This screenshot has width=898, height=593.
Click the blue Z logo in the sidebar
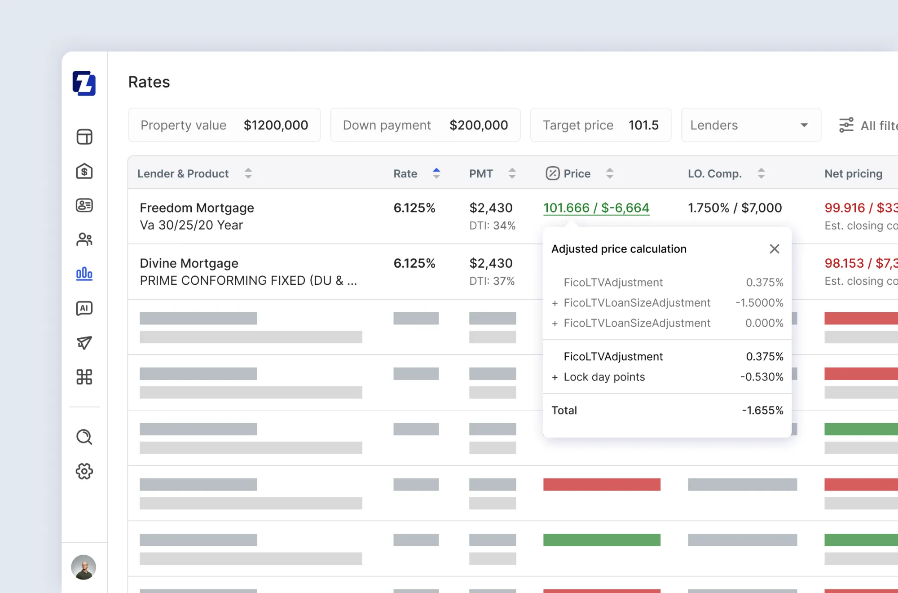pos(84,83)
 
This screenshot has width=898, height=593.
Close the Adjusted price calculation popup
pos(774,249)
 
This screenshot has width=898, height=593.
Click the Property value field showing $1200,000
pos(275,125)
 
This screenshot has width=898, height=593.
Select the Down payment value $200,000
pos(478,125)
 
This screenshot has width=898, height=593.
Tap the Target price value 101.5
pos(643,125)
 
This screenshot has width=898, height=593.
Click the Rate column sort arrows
pos(436,173)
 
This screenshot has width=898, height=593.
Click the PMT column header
pos(481,174)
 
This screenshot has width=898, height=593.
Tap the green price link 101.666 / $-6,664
pos(596,208)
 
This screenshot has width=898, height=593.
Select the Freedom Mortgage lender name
pos(197,208)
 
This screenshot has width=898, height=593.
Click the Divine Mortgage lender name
pos(189,263)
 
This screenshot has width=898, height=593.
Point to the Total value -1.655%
pos(762,411)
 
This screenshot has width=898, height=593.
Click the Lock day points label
pos(604,377)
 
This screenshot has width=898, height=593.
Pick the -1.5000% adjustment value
pos(759,303)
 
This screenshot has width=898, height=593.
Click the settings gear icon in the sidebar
pos(84,471)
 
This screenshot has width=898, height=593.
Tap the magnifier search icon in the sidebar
pos(84,437)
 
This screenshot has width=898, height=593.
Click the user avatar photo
pos(84,567)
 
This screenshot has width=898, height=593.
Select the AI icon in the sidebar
pos(84,308)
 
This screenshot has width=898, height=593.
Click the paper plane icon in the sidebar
pos(84,343)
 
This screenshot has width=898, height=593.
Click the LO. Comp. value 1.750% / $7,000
pos(735,208)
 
